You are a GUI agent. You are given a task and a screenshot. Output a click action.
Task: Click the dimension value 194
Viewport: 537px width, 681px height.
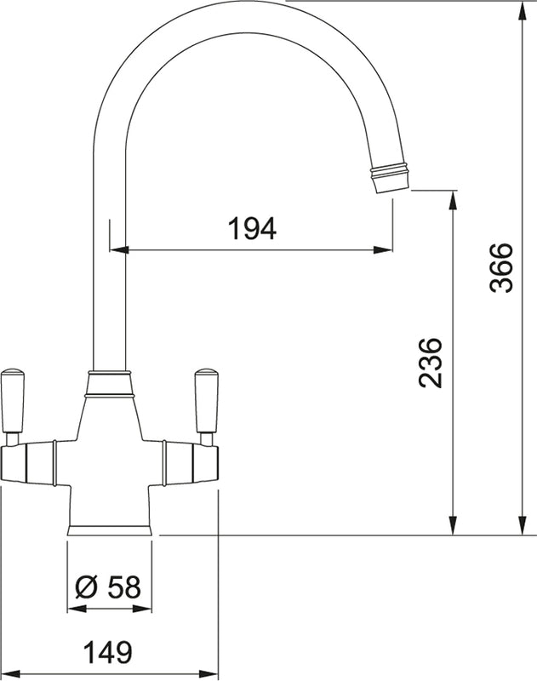[252, 229]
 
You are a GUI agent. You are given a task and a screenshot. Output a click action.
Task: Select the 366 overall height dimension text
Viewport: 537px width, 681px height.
[502, 267]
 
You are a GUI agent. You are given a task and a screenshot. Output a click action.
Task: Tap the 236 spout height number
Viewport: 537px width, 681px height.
[431, 363]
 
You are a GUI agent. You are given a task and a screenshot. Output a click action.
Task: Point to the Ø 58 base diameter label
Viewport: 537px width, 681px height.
[108, 587]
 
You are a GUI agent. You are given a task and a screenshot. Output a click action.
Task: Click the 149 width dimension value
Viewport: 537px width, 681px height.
[108, 652]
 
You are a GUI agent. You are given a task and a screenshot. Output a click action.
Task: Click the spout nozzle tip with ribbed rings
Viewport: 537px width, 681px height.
[390, 178]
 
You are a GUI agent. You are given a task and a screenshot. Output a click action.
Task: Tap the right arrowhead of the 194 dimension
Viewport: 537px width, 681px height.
[383, 249]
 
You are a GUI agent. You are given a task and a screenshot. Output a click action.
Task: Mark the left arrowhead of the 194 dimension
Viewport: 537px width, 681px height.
[119, 249]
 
